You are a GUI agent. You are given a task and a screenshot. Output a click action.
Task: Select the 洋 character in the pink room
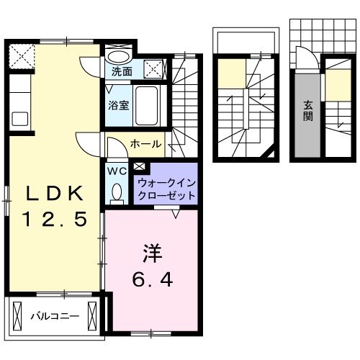152,254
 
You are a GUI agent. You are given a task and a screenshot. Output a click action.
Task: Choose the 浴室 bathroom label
119,104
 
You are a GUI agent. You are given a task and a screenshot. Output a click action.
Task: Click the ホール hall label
145,144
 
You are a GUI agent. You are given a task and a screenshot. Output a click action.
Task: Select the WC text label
117,171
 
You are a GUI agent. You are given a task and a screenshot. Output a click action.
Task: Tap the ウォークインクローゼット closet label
166,189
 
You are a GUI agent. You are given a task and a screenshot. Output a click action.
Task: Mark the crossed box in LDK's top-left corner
20,54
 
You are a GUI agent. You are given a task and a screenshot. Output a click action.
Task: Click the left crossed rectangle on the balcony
16,315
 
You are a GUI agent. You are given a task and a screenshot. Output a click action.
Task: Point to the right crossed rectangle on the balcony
91,315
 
